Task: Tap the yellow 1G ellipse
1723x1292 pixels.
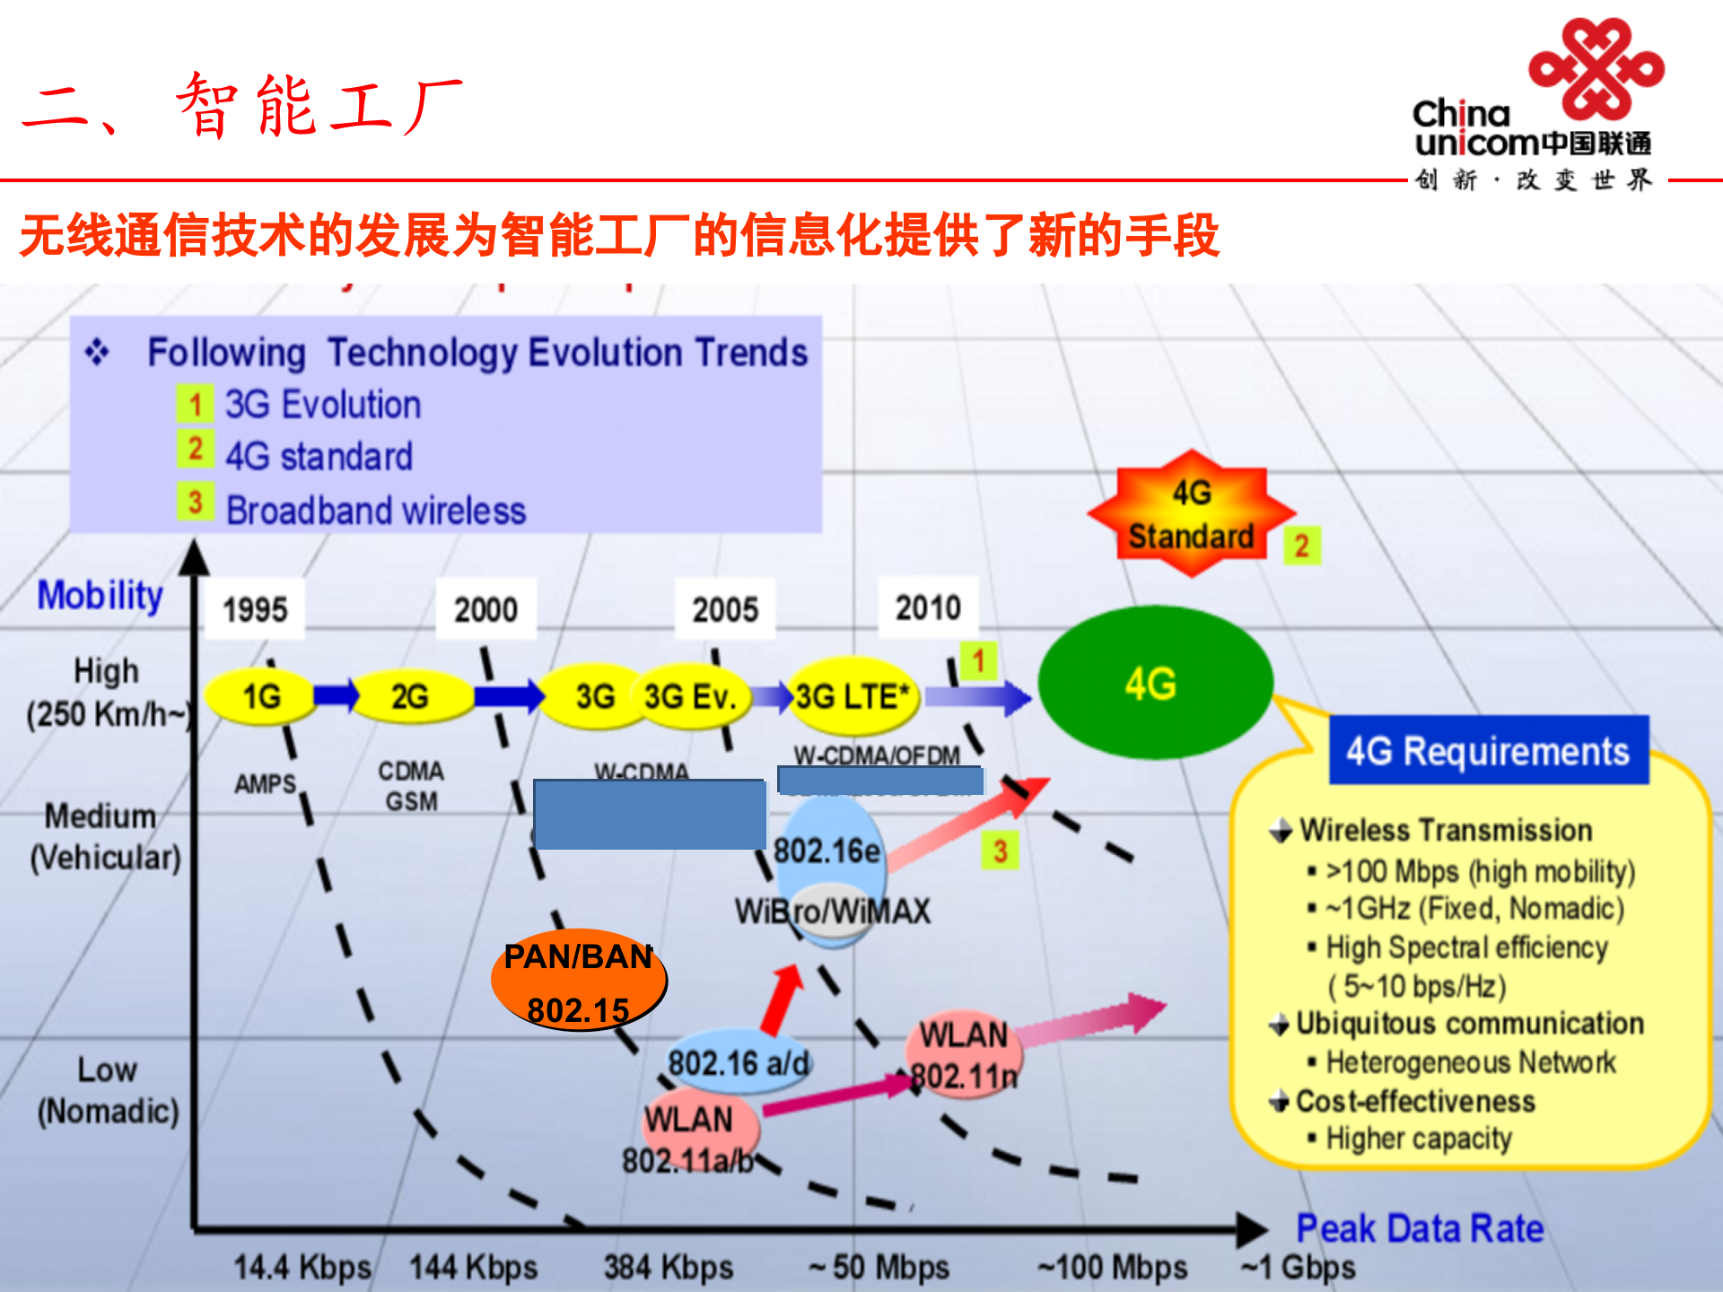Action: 261,696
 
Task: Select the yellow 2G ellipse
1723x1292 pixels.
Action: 410,696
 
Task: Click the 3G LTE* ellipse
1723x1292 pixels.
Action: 853,697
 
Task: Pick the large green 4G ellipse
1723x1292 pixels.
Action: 1154,683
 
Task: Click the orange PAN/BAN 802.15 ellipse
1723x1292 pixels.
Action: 578,981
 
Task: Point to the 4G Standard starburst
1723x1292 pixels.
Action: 1191,515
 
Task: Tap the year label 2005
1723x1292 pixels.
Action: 725,610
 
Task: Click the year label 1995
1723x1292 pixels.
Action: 255,610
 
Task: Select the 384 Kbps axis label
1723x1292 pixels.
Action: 668,1267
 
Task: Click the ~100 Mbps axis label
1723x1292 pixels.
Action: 1112,1267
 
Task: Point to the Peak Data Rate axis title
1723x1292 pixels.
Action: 1420,1228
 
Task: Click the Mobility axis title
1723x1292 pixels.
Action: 100,596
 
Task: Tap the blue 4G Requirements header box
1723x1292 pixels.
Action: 1488,751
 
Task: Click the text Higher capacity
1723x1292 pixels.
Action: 1418,1139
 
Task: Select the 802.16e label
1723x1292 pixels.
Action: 827,851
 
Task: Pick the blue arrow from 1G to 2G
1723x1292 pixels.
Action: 336,695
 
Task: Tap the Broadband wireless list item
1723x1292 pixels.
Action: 375,511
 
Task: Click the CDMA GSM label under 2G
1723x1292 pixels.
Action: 411,786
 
